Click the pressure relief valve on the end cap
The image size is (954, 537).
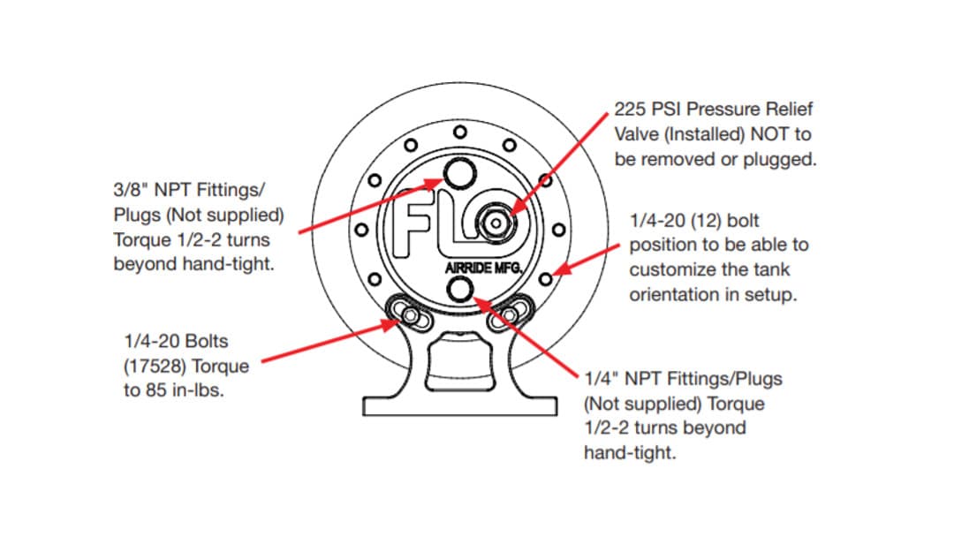(496, 224)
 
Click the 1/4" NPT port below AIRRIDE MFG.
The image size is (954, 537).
(462, 287)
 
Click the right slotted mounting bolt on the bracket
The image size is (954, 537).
(513, 312)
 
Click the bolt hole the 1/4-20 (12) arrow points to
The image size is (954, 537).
(545, 279)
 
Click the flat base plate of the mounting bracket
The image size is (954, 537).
(461, 405)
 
